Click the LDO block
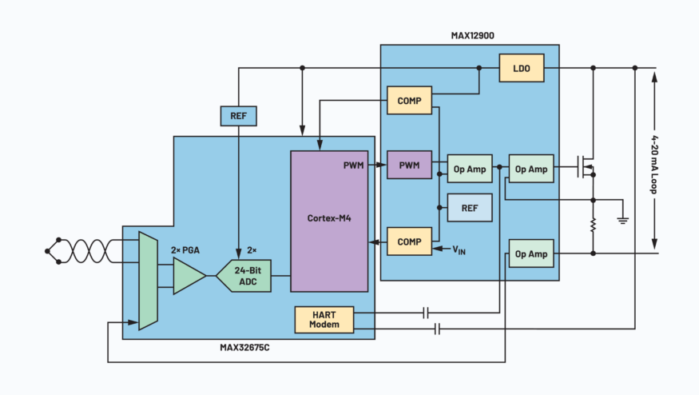pos(522,68)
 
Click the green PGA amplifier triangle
pos(189,275)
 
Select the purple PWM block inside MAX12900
pos(409,166)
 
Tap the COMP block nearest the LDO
pos(409,100)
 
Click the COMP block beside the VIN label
pos(409,241)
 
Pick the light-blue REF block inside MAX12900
pos(470,207)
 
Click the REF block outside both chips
pos(238,116)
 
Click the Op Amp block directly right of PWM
pos(470,169)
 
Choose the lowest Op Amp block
pos(531,253)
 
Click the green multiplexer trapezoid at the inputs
pos(147,280)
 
